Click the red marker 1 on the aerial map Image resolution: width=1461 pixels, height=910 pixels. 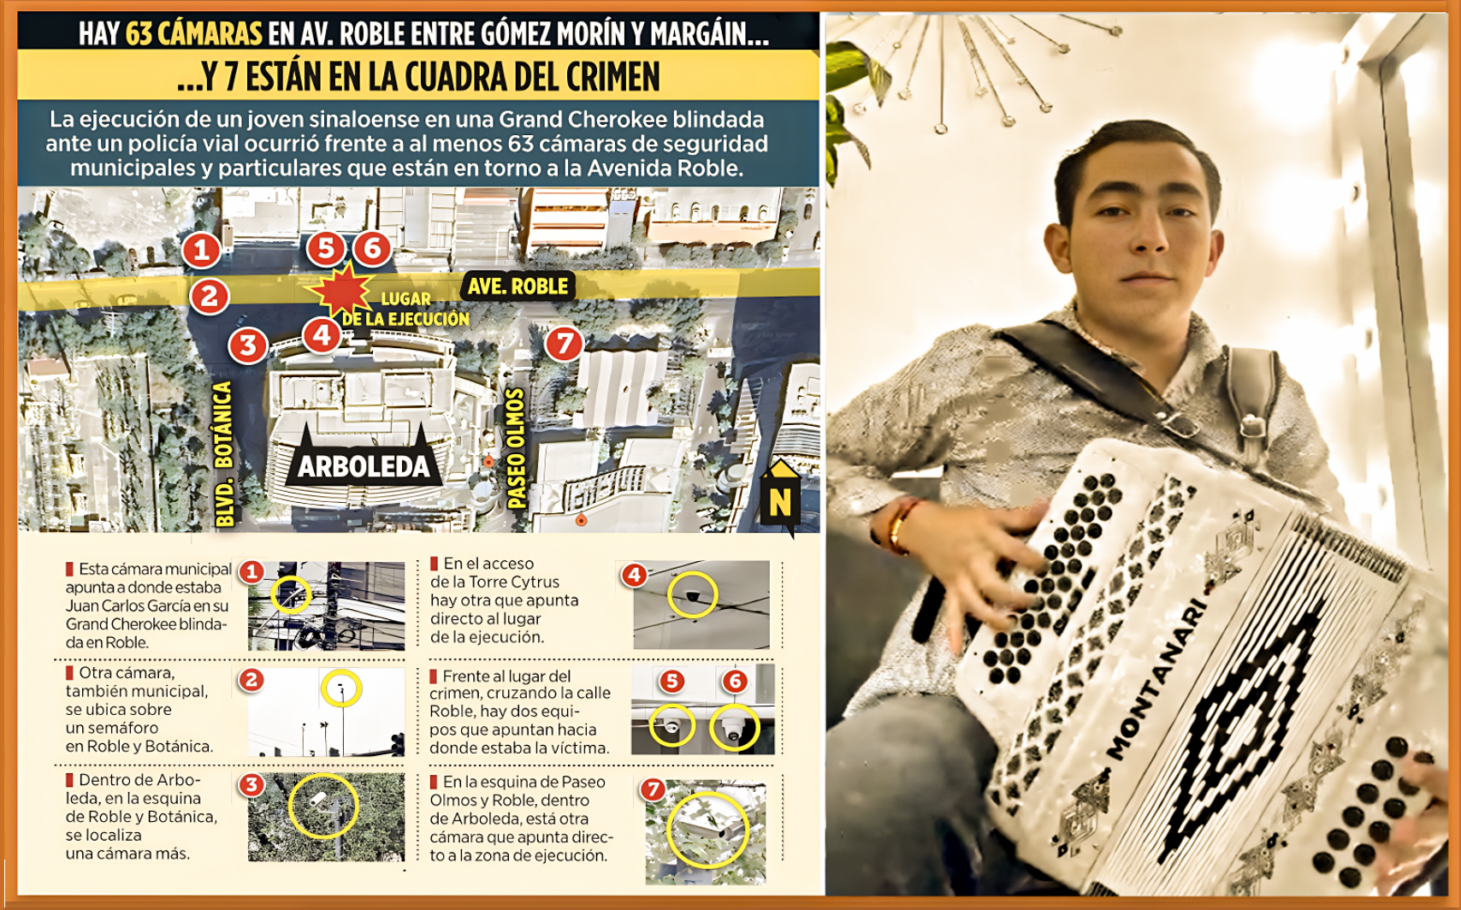(x=201, y=250)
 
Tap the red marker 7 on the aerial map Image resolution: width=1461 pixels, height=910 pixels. (x=564, y=344)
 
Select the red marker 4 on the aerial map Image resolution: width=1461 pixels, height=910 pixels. (x=322, y=335)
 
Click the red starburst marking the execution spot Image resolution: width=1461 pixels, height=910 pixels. (x=343, y=290)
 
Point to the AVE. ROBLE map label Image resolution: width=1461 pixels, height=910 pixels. (x=518, y=287)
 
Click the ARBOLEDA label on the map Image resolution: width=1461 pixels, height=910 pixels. (x=364, y=467)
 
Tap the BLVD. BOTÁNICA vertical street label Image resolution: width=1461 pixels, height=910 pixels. (x=224, y=453)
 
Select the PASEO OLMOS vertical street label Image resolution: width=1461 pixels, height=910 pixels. (x=516, y=448)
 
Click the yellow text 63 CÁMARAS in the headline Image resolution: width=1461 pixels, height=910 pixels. (x=194, y=34)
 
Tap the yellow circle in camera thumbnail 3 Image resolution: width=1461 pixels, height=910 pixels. (x=322, y=805)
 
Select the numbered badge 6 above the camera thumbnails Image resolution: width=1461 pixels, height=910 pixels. (x=735, y=681)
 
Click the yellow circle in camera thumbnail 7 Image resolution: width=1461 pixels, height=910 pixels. (x=707, y=830)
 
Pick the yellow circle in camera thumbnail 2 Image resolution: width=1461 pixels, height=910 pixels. (x=341, y=688)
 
